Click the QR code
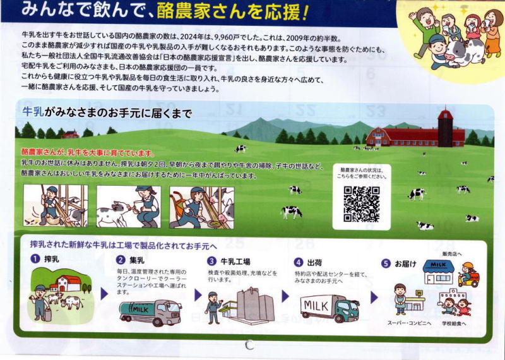(x=361, y=205)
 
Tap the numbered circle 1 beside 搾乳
(x=35, y=258)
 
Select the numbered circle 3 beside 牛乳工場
(x=211, y=261)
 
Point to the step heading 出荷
(x=314, y=263)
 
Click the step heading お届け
(x=405, y=263)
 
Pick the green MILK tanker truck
(x=150, y=312)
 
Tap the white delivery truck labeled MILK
(x=330, y=308)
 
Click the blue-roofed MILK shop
(x=438, y=272)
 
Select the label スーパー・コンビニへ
(x=409, y=323)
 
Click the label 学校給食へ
(x=454, y=323)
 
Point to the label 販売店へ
(x=452, y=254)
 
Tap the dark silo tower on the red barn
(x=446, y=128)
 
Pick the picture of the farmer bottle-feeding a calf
(x=129, y=207)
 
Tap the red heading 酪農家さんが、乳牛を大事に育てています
(x=88, y=153)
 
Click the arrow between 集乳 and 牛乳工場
(x=198, y=295)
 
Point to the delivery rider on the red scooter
(x=468, y=275)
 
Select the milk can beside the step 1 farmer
(x=48, y=315)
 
